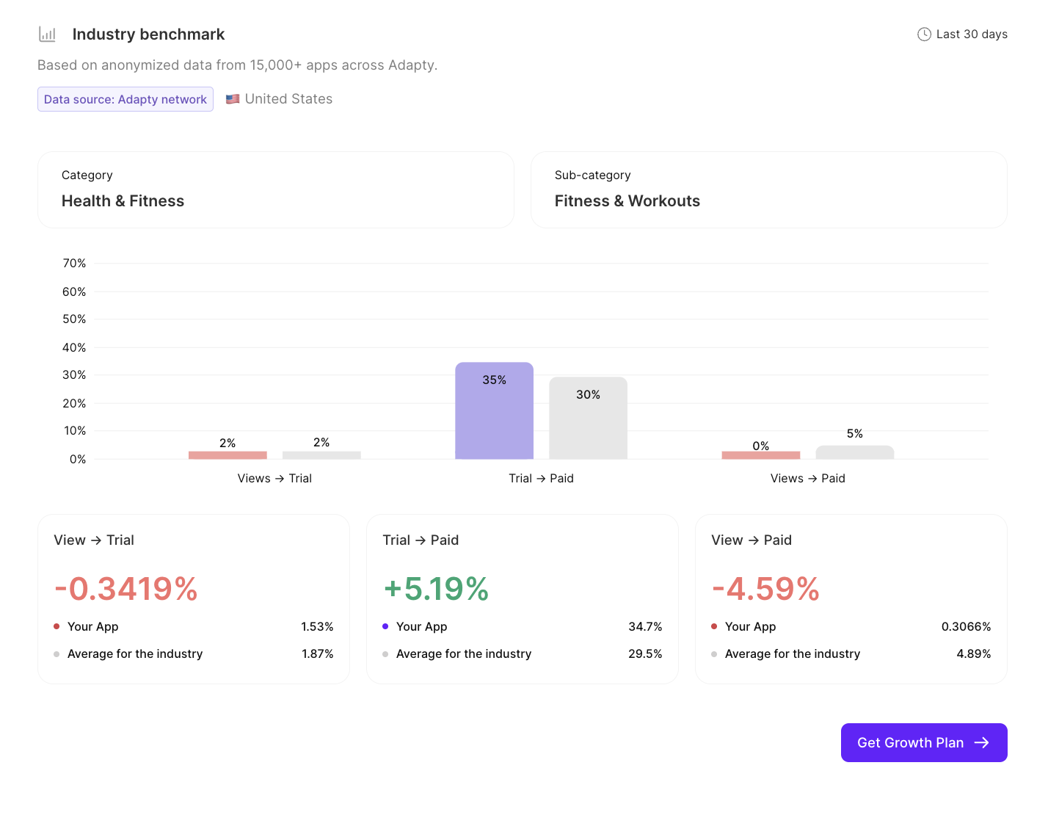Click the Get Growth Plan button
923,742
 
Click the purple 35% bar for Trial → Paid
494,411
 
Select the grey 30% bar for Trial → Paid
588,419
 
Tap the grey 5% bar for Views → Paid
854,452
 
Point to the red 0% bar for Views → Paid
760,455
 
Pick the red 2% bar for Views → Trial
228,455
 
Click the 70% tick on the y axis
74,263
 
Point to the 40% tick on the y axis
74,347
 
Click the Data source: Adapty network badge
125,99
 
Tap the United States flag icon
233,99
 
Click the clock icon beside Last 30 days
924,35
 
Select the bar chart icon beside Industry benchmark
48,35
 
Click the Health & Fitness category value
123,201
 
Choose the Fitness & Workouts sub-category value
627,201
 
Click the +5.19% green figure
436,589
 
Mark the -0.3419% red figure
125,589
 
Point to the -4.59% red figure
765,589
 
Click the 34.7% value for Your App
645,626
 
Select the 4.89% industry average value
973,653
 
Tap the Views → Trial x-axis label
274,478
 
